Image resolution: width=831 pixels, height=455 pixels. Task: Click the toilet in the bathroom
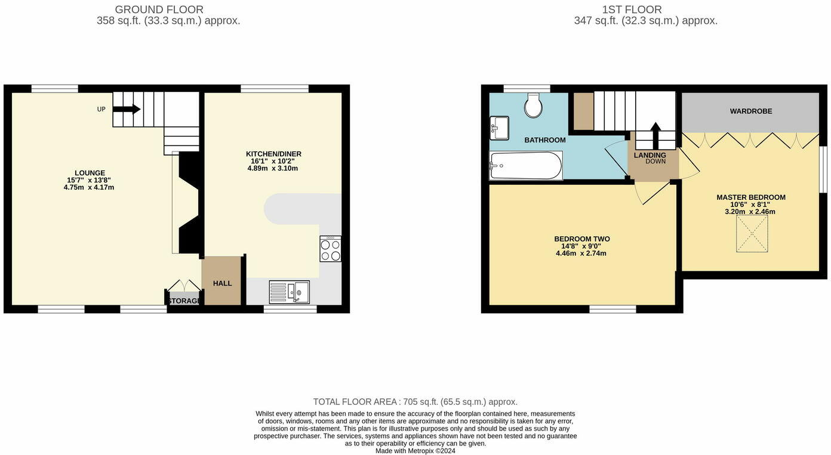[x=533, y=106]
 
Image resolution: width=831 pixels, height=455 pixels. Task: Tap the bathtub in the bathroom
[x=525, y=165]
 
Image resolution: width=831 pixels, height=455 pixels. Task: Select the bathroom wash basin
[x=499, y=128]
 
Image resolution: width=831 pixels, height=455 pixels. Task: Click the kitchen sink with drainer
[x=289, y=292]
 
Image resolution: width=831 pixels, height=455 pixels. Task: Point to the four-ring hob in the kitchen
[x=331, y=249]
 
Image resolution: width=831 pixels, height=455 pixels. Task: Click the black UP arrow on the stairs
[x=127, y=109]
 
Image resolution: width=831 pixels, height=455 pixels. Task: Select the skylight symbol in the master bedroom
[x=752, y=234]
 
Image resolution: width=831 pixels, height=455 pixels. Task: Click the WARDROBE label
[x=750, y=112]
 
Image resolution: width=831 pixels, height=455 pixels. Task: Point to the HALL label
[x=222, y=283]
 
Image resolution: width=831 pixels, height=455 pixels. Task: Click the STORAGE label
[x=184, y=301]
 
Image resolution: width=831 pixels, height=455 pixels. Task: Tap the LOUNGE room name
[x=90, y=173]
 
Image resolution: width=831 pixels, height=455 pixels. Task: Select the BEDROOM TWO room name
[x=581, y=239]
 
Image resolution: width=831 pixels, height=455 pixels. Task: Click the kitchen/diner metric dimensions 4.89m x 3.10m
[x=272, y=168]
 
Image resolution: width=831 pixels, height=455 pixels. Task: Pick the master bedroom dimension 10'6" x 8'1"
[x=750, y=205]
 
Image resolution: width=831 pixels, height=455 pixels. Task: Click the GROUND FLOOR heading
[x=159, y=10]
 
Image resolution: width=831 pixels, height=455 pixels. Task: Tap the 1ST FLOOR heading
[x=632, y=10]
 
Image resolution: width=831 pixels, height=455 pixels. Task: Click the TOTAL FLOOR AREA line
[x=415, y=402]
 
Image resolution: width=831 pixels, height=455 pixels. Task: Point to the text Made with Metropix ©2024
[x=415, y=451]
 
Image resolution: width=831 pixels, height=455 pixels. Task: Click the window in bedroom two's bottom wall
[x=613, y=309]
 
